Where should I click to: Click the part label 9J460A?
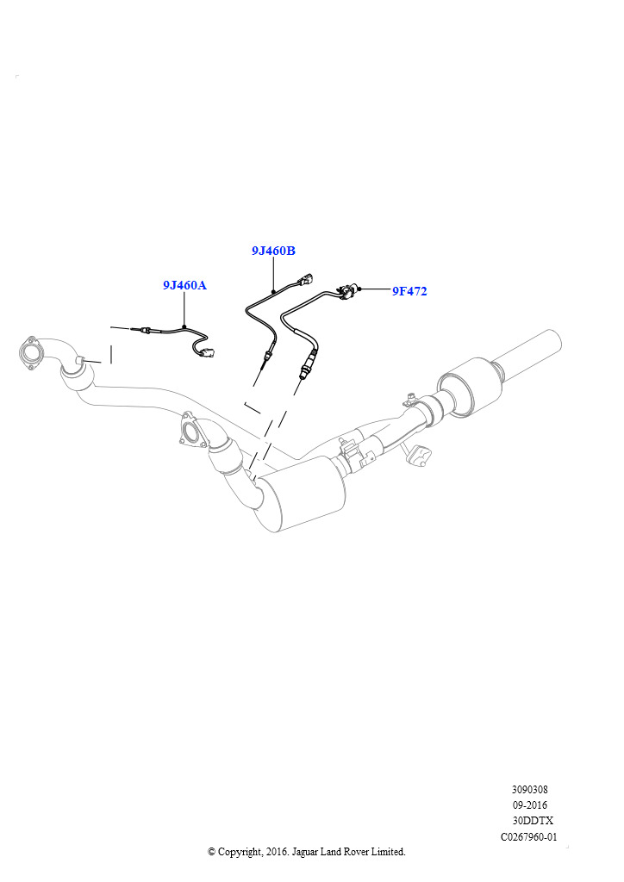[184, 285]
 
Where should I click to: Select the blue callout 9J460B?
[273, 251]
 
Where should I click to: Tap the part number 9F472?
[409, 291]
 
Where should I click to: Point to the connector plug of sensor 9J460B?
[306, 280]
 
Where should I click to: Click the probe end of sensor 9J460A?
[135, 330]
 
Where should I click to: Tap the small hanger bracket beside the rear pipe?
[420, 455]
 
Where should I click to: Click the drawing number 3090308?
[529, 789]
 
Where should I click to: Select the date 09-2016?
[529, 805]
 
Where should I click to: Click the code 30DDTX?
[533, 821]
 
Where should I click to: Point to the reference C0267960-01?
[529, 836]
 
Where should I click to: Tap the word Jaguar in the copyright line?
[307, 852]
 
